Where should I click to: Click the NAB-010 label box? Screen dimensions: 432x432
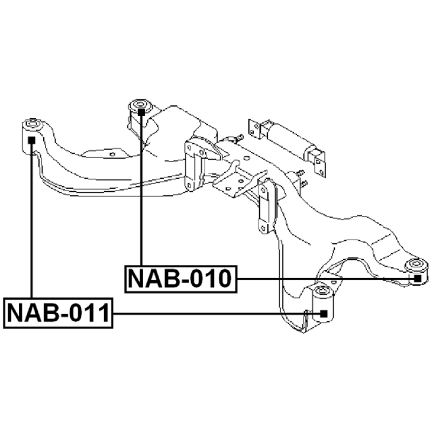[x=181, y=279]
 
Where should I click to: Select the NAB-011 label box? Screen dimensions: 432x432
[x=58, y=313]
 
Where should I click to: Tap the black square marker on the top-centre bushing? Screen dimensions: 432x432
[x=141, y=112]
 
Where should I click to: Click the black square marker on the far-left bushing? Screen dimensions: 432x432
[x=32, y=140]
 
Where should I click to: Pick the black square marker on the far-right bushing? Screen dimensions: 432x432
[x=417, y=279]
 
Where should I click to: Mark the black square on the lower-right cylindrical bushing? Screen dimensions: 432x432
[x=323, y=314]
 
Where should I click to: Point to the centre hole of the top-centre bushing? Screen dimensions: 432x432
[x=140, y=104]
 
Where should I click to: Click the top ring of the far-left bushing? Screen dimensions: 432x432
[x=32, y=124]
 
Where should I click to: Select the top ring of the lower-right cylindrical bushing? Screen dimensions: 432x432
[x=323, y=291]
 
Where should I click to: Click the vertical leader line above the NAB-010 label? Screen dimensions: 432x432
[x=141, y=191]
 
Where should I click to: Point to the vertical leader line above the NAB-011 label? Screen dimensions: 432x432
[x=32, y=221]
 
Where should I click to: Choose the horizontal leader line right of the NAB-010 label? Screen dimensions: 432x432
[x=326, y=279]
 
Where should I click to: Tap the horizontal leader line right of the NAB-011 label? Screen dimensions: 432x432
[x=217, y=314]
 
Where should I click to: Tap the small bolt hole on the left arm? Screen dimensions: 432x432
[x=112, y=154]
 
